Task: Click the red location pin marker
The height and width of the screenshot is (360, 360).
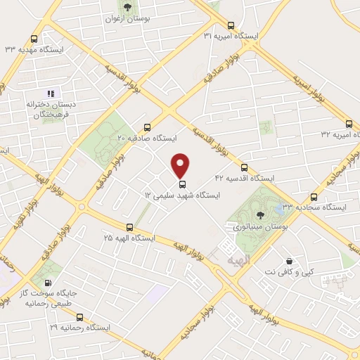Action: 181,165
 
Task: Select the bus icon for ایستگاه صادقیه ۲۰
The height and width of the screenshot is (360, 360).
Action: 147,128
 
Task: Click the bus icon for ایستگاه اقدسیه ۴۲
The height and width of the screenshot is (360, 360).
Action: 244,167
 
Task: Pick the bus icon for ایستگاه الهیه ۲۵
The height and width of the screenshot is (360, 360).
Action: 129,227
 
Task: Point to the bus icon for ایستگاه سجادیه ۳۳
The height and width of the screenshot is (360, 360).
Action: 314,198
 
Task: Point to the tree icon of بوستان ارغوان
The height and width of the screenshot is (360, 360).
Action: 127,7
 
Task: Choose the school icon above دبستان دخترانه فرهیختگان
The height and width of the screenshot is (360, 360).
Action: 50,94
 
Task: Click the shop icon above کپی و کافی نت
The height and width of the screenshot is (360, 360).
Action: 289,261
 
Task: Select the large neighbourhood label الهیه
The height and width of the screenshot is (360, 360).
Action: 238,260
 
